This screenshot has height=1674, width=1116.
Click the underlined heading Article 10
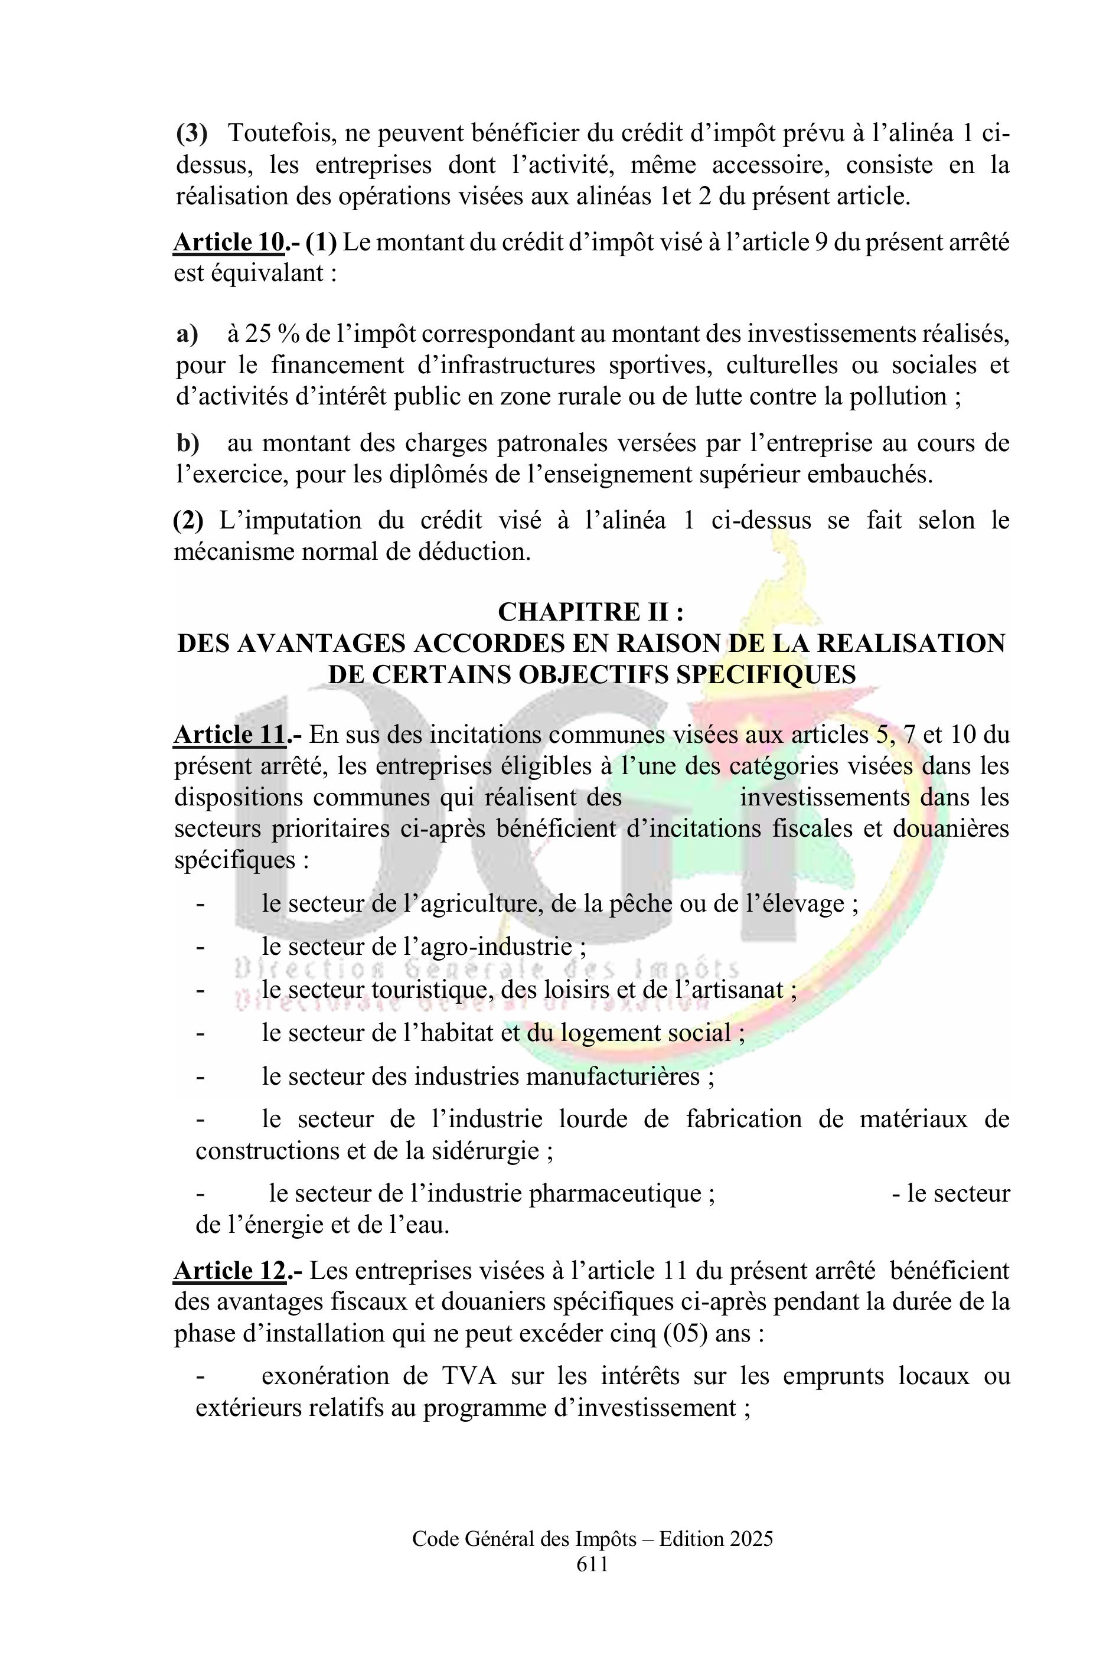coord(229,243)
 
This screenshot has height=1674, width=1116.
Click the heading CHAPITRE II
coord(590,611)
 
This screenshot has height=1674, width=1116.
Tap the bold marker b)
coord(188,443)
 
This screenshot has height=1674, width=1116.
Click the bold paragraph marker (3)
coord(191,133)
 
